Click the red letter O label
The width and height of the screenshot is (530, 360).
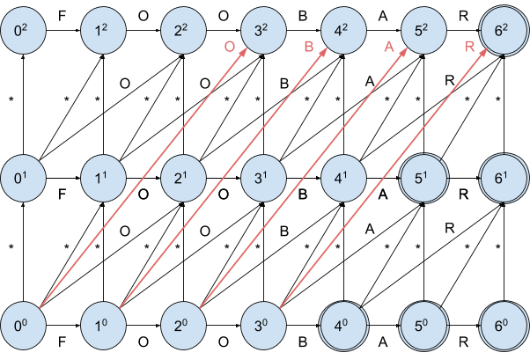tap(229, 48)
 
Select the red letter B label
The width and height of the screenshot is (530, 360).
tap(309, 48)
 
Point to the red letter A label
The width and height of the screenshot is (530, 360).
tap(388, 48)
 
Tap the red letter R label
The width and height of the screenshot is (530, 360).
tap(469, 48)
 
